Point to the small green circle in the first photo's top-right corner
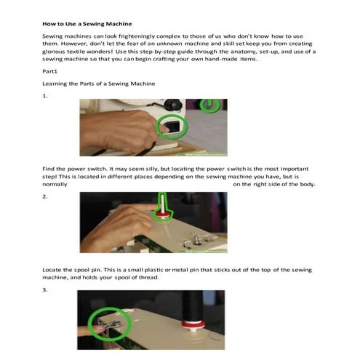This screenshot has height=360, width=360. click(212, 105)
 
